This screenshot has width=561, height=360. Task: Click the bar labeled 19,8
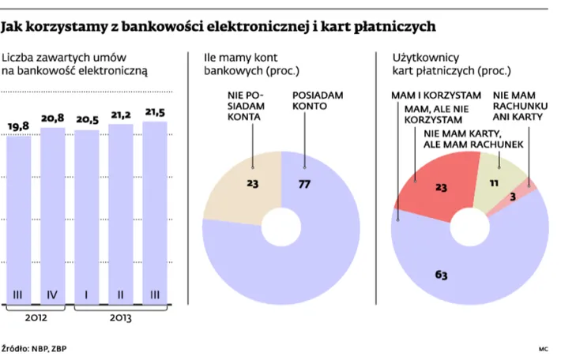click(x=19, y=213)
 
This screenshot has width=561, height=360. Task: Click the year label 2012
click(x=36, y=319)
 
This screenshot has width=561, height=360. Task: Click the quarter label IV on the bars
click(x=52, y=295)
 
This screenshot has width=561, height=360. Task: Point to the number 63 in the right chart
click(x=439, y=275)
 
